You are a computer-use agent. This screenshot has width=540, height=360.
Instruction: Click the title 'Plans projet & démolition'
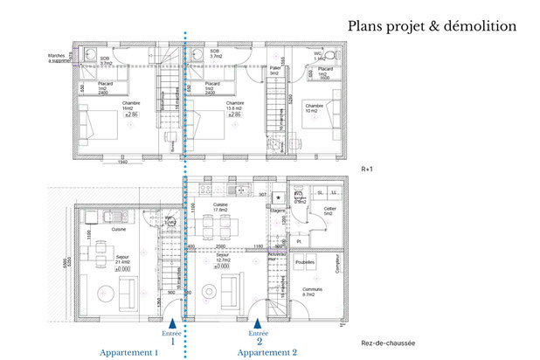(x=432, y=26)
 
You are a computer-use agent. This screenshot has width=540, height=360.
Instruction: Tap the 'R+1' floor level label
(x=368, y=166)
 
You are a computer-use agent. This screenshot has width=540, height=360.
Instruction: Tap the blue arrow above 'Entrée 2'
(x=257, y=322)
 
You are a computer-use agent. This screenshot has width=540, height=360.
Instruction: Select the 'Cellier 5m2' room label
(x=329, y=209)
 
